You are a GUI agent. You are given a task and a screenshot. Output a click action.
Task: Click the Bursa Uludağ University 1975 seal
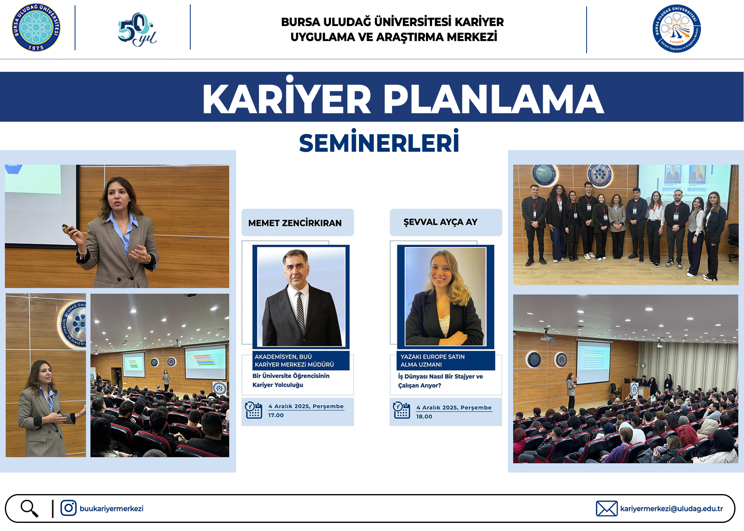[x=36, y=28]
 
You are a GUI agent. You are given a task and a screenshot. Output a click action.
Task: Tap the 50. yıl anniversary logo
[x=137, y=29]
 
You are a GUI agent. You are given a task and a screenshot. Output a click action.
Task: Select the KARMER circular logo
[x=677, y=28]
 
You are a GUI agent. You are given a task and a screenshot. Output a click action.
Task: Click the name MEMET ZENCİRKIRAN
[x=295, y=223]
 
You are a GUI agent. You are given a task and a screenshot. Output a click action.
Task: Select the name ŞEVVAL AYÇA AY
[x=441, y=222]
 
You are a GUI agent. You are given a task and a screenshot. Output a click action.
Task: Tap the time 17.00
[x=276, y=415]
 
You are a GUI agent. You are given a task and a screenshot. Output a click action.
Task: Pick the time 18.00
[x=424, y=417]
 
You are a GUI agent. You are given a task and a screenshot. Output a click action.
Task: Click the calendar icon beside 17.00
[x=254, y=410]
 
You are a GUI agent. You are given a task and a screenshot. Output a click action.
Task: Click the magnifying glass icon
[x=30, y=509]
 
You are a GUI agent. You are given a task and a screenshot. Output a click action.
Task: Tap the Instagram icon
[x=69, y=508]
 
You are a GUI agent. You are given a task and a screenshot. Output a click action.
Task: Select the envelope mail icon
[x=606, y=509]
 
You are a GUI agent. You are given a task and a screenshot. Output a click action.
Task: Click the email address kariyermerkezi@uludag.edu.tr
[x=671, y=509]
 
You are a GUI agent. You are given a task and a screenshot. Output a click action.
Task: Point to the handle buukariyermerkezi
[x=112, y=509]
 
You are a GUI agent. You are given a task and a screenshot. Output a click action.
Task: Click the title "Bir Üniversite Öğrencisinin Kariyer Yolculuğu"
[x=291, y=381]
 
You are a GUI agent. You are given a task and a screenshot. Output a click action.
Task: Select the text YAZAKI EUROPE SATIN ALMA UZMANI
[x=432, y=361]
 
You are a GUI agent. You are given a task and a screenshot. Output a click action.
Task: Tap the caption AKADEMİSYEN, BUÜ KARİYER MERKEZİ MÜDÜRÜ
[x=294, y=361]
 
